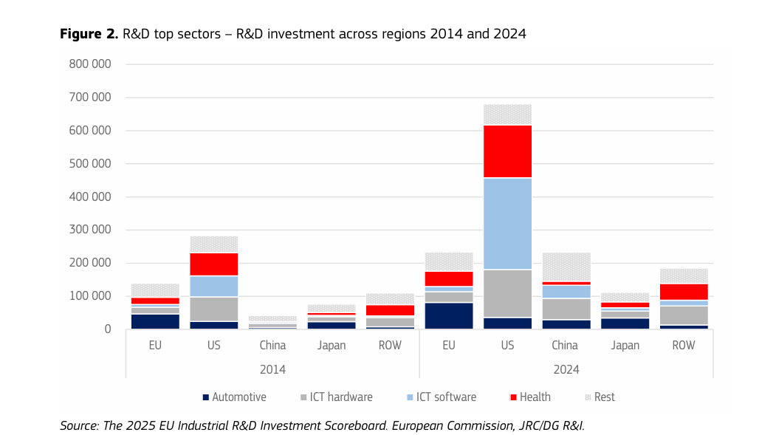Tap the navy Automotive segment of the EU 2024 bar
coord(449,315)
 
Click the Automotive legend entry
coord(234,397)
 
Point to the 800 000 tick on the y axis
coord(90,64)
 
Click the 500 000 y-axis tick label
coord(90,164)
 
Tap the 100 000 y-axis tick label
coord(90,296)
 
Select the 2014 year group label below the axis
coord(272,369)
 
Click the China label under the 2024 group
coord(566,346)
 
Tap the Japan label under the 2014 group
coord(332,346)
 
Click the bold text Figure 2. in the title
coord(89,34)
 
